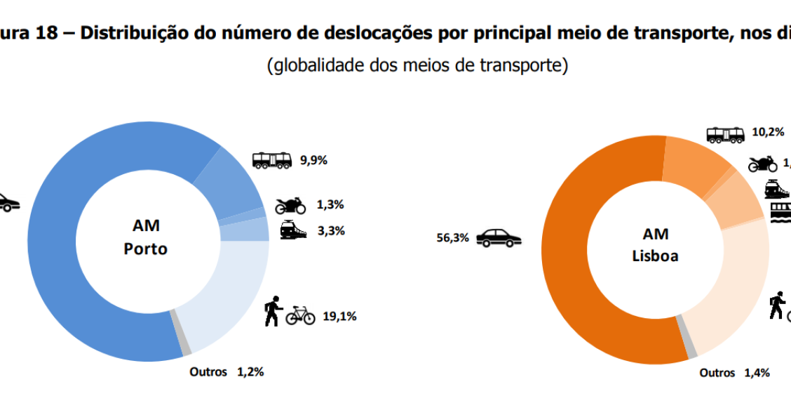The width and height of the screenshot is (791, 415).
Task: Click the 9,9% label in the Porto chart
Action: [x=314, y=159]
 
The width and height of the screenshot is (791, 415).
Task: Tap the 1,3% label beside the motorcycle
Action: [x=330, y=205]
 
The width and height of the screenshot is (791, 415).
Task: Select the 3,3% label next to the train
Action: [x=330, y=230]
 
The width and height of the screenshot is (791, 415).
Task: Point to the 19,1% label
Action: [x=339, y=316]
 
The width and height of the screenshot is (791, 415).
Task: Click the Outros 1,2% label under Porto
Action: [x=227, y=372]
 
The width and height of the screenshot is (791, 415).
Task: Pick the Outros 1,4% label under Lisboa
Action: [x=734, y=373]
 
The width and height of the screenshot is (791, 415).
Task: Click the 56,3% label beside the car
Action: [x=452, y=237]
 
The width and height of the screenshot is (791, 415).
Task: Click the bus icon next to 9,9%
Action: [x=271, y=160]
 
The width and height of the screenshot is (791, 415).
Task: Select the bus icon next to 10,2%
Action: [x=724, y=134]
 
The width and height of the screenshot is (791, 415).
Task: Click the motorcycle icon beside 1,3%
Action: [x=290, y=205]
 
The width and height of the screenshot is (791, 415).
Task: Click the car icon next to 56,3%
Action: [x=499, y=237]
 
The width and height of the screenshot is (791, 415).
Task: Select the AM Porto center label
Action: [x=146, y=237]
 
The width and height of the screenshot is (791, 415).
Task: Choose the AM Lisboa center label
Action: [x=655, y=244]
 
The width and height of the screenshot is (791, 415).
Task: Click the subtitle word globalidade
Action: [x=335, y=66]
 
